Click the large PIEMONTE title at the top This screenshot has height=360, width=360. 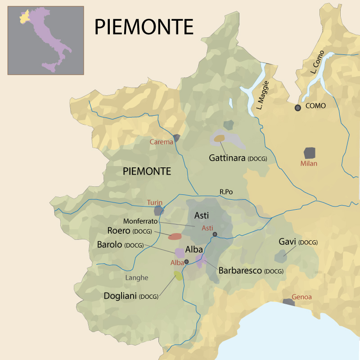click(x=144, y=27)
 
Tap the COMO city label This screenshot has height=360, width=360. click(x=315, y=106)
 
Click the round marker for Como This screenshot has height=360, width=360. click(x=297, y=108)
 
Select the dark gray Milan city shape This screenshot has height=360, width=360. click(x=310, y=153)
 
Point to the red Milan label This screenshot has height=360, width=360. click(x=309, y=163)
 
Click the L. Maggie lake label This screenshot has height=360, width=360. click(x=262, y=95)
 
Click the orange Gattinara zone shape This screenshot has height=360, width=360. click(x=219, y=139)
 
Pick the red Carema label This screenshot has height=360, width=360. click(x=161, y=142)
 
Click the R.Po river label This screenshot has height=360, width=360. click(x=226, y=192)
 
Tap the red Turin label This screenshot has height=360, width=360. click(x=154, y=202)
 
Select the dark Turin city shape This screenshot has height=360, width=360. click(x=158, y=210)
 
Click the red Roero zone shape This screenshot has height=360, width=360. click(x=175, y=236)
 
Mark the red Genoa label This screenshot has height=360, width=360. click(x=301, y=297)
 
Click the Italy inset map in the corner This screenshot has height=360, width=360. click(x=45, y=40)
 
